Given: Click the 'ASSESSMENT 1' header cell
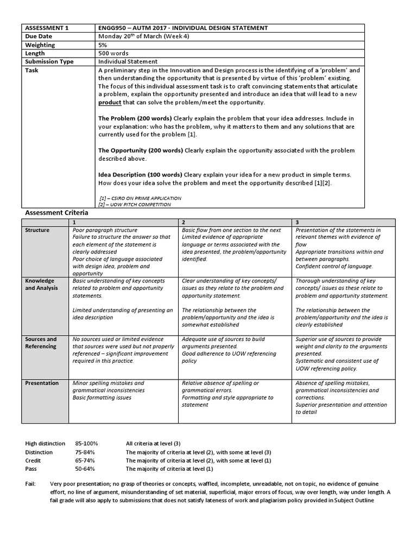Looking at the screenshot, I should [x=46, y=28].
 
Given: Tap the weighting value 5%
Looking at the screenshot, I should [x=103, y=45].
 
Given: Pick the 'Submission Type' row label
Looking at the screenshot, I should [x=49, y=62].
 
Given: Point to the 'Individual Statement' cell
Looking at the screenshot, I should [x=128, y=62].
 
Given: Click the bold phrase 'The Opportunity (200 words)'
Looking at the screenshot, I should [x=141, y=150].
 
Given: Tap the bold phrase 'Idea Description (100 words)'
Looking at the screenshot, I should [x=141, y=175].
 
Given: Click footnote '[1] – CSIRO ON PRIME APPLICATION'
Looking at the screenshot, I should [x=141, y=198].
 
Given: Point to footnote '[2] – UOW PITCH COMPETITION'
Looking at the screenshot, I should [x=135, y=205].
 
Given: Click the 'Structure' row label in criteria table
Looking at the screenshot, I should [x=37, y=230].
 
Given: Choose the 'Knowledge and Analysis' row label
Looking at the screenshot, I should [x=41, y=285].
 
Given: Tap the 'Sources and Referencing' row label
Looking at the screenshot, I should [x=41, y=343].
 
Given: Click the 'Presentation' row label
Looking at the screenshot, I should [x=42, y=383].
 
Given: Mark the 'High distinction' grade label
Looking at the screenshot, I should [x=45, y=444].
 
